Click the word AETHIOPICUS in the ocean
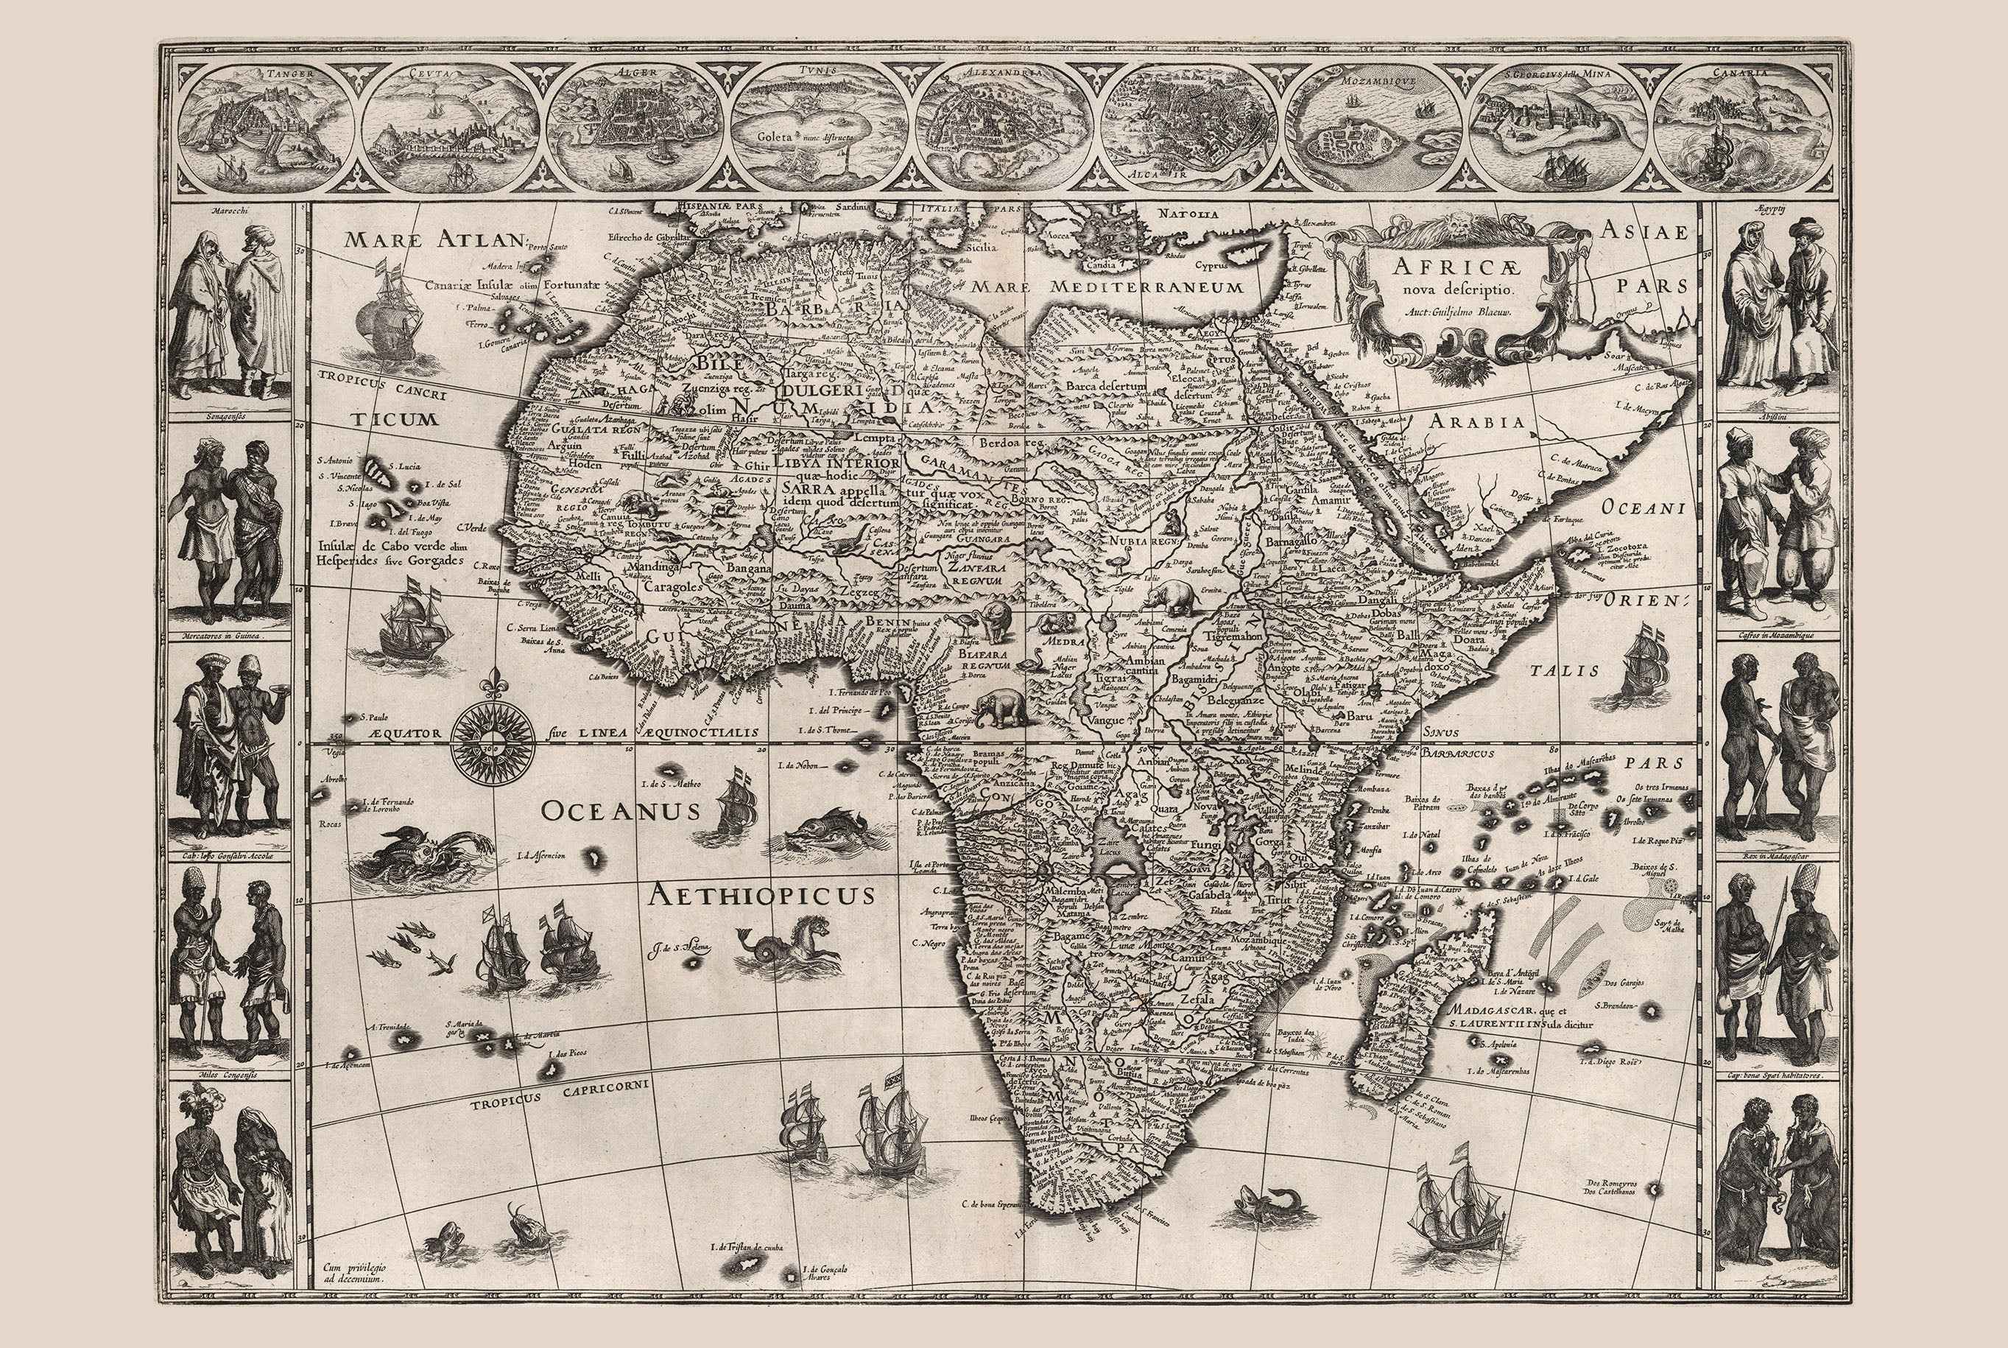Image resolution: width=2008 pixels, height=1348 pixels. pos(761,896)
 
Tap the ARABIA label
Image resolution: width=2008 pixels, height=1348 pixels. pos(1477,422)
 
